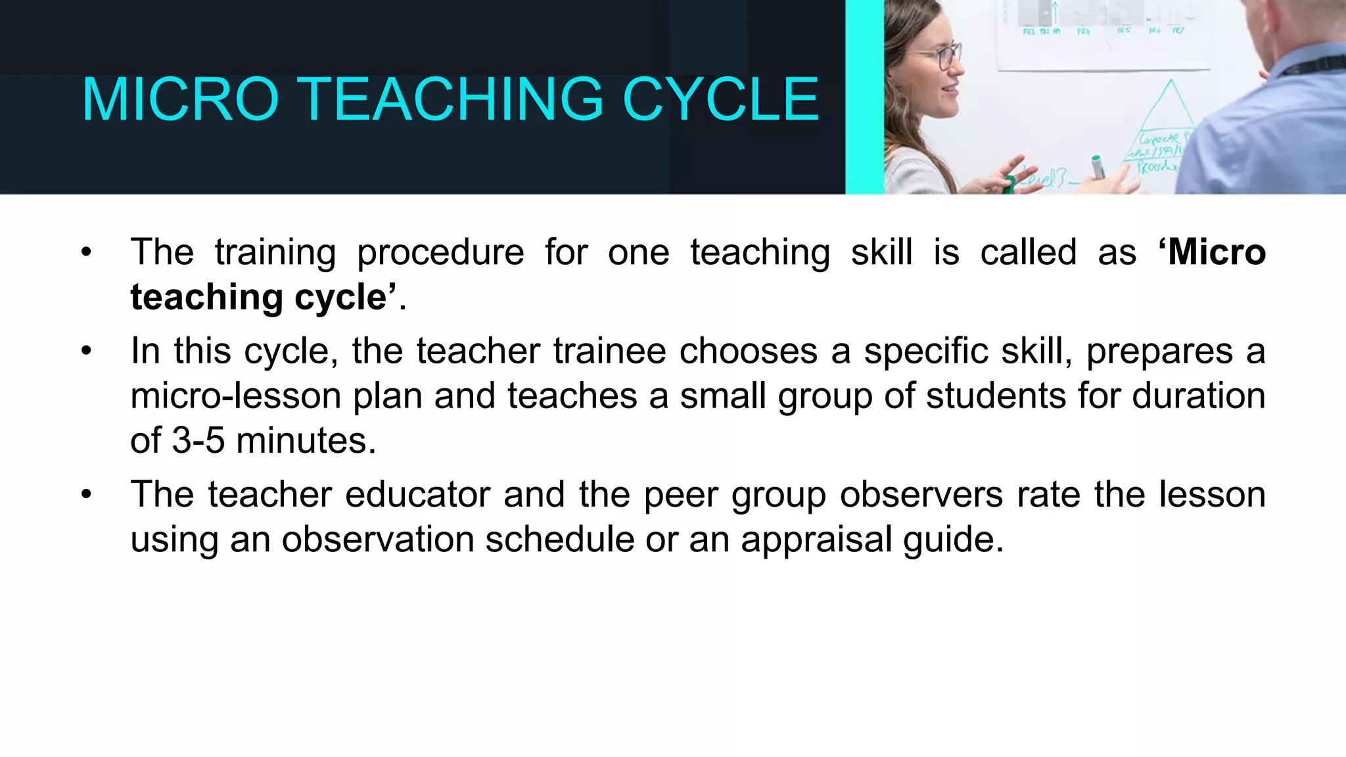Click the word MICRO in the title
pyautogui.click(x=180, y=100)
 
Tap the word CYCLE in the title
pyautogui.click(x=720, y=100)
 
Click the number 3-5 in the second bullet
pyautogui.click(x=198, y=440)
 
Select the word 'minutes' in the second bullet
pyautogui.click(x=306, y=440)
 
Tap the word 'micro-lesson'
pyautogui.click(x=235, y=396)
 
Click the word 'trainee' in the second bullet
pyautogui.click(x=609, y=351)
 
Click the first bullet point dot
pyautogui.click(x=86, y=253)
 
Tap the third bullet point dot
pyautogui.click(x=86, y=495)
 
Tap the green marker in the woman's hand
pyautogui.click(x=1097, y=167)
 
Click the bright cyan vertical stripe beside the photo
pyautogui.click(x=864, y=97)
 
